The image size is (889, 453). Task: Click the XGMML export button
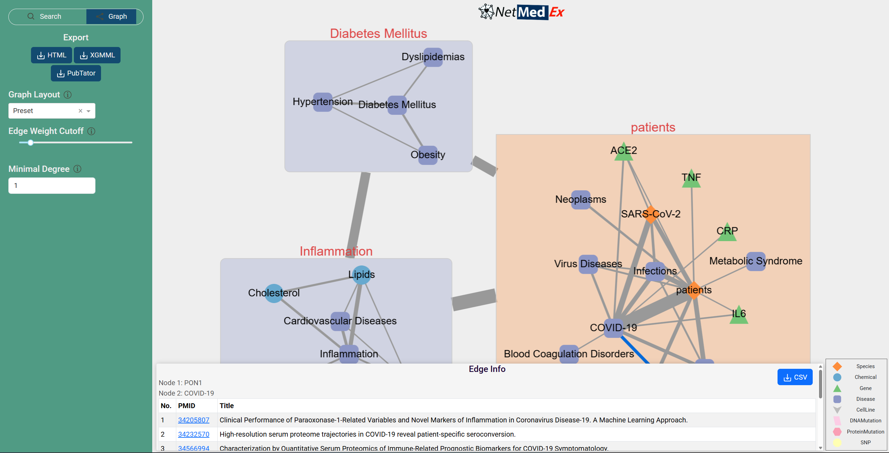coord(97,55)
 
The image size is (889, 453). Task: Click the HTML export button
coord(52,55)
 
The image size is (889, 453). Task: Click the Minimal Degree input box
coord(52,186)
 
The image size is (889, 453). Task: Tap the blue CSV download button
coord(795,377)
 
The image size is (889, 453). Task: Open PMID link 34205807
coord(193,420)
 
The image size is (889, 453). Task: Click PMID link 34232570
coord(193,434)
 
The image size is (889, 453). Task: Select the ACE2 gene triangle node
coord(624,152)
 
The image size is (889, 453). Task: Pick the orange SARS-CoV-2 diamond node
coord(650,214)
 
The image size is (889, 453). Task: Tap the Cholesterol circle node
coord(274,293)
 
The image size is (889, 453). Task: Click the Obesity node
coord(428,155)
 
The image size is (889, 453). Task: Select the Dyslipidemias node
coord(433,57)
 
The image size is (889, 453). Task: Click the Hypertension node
coord(323,102)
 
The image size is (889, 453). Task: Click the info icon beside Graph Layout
coord(68,95)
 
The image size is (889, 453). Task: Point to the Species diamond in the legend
coord(837,366)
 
